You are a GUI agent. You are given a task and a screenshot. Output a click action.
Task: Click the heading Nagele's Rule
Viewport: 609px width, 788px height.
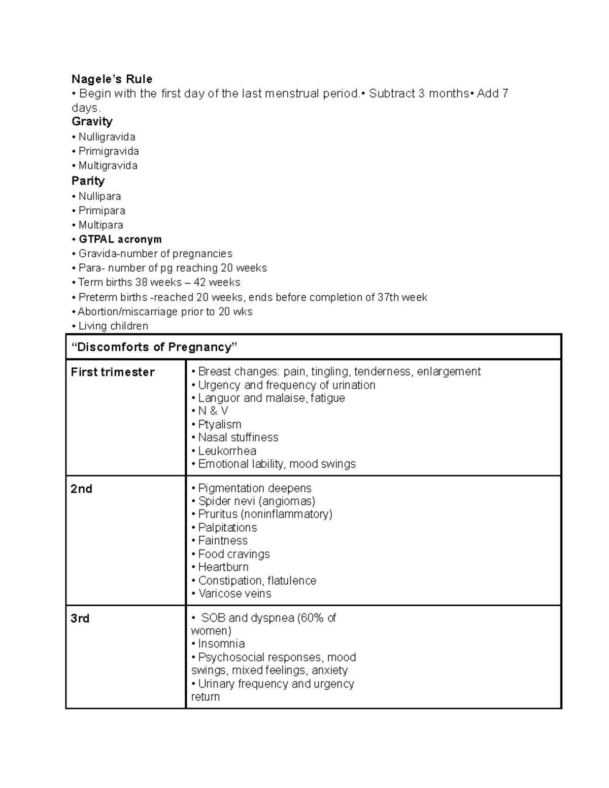(112, 79)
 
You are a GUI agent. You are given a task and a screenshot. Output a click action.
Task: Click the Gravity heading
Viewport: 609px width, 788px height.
(92, 122)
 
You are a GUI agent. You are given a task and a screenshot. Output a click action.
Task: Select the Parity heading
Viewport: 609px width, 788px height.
(88, 181)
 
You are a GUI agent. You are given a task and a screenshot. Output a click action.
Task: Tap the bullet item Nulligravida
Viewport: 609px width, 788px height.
(107, 137)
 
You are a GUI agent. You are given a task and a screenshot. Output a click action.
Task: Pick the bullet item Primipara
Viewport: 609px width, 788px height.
(101, 211)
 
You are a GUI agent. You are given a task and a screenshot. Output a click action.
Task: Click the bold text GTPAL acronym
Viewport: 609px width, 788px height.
(120, 239)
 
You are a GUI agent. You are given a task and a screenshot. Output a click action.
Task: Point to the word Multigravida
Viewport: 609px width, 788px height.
(108, 166)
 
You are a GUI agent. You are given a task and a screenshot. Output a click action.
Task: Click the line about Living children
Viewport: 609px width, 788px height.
(113, 326)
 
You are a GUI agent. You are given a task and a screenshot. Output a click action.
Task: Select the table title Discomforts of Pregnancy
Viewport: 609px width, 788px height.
(154, 347)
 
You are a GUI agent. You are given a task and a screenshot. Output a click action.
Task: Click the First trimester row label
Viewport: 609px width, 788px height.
(113, 372)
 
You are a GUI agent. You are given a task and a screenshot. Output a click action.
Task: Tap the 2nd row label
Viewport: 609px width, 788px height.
(81, 489)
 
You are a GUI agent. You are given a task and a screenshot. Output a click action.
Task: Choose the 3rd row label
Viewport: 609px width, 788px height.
(80, 619)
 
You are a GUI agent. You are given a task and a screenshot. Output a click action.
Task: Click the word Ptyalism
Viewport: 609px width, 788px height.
(219, 425)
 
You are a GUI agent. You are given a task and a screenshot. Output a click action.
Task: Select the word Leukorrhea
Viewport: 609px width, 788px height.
(227, 451)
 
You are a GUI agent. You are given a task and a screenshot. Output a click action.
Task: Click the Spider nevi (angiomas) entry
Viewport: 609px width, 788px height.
(256, 501)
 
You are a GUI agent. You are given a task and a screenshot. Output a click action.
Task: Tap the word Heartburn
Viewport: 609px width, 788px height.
(223, 567)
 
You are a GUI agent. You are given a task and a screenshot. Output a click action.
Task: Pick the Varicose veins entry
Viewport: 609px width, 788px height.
(234, 594)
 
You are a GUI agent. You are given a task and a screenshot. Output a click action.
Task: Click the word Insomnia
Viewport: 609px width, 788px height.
(221, 644)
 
